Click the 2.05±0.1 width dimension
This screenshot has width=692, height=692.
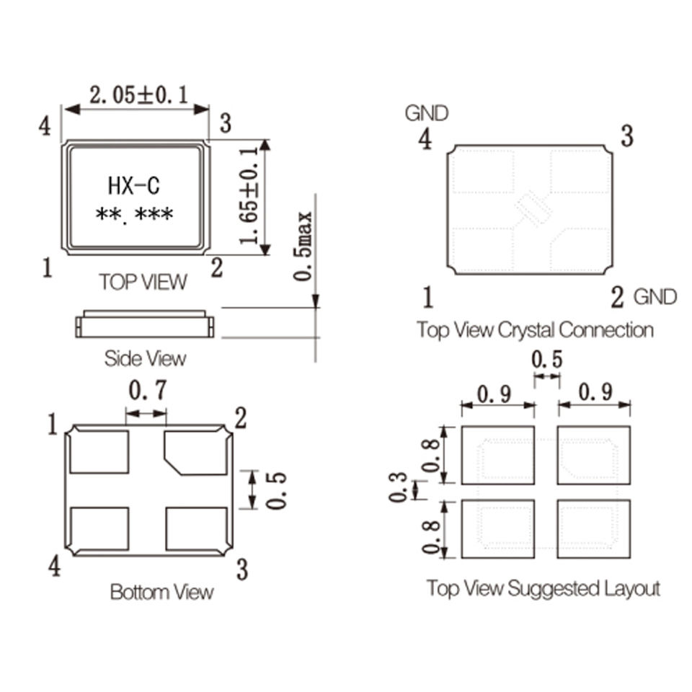[x=138, y=95]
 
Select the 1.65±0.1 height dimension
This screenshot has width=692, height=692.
[x=249, y=196]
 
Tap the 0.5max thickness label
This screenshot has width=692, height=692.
[x=303, y=247]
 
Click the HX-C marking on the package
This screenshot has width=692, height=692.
[x=134, y=186]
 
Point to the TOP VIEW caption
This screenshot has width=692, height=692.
[x=143, y=282]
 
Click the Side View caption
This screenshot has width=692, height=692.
[x=145, y=358]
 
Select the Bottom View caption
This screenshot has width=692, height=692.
[x=162, y=592]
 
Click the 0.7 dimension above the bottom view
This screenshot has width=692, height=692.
[x=148, y=390]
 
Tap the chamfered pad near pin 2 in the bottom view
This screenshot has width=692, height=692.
[x=196, y=453]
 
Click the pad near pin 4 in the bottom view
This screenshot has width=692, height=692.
[x=99, y=528]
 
